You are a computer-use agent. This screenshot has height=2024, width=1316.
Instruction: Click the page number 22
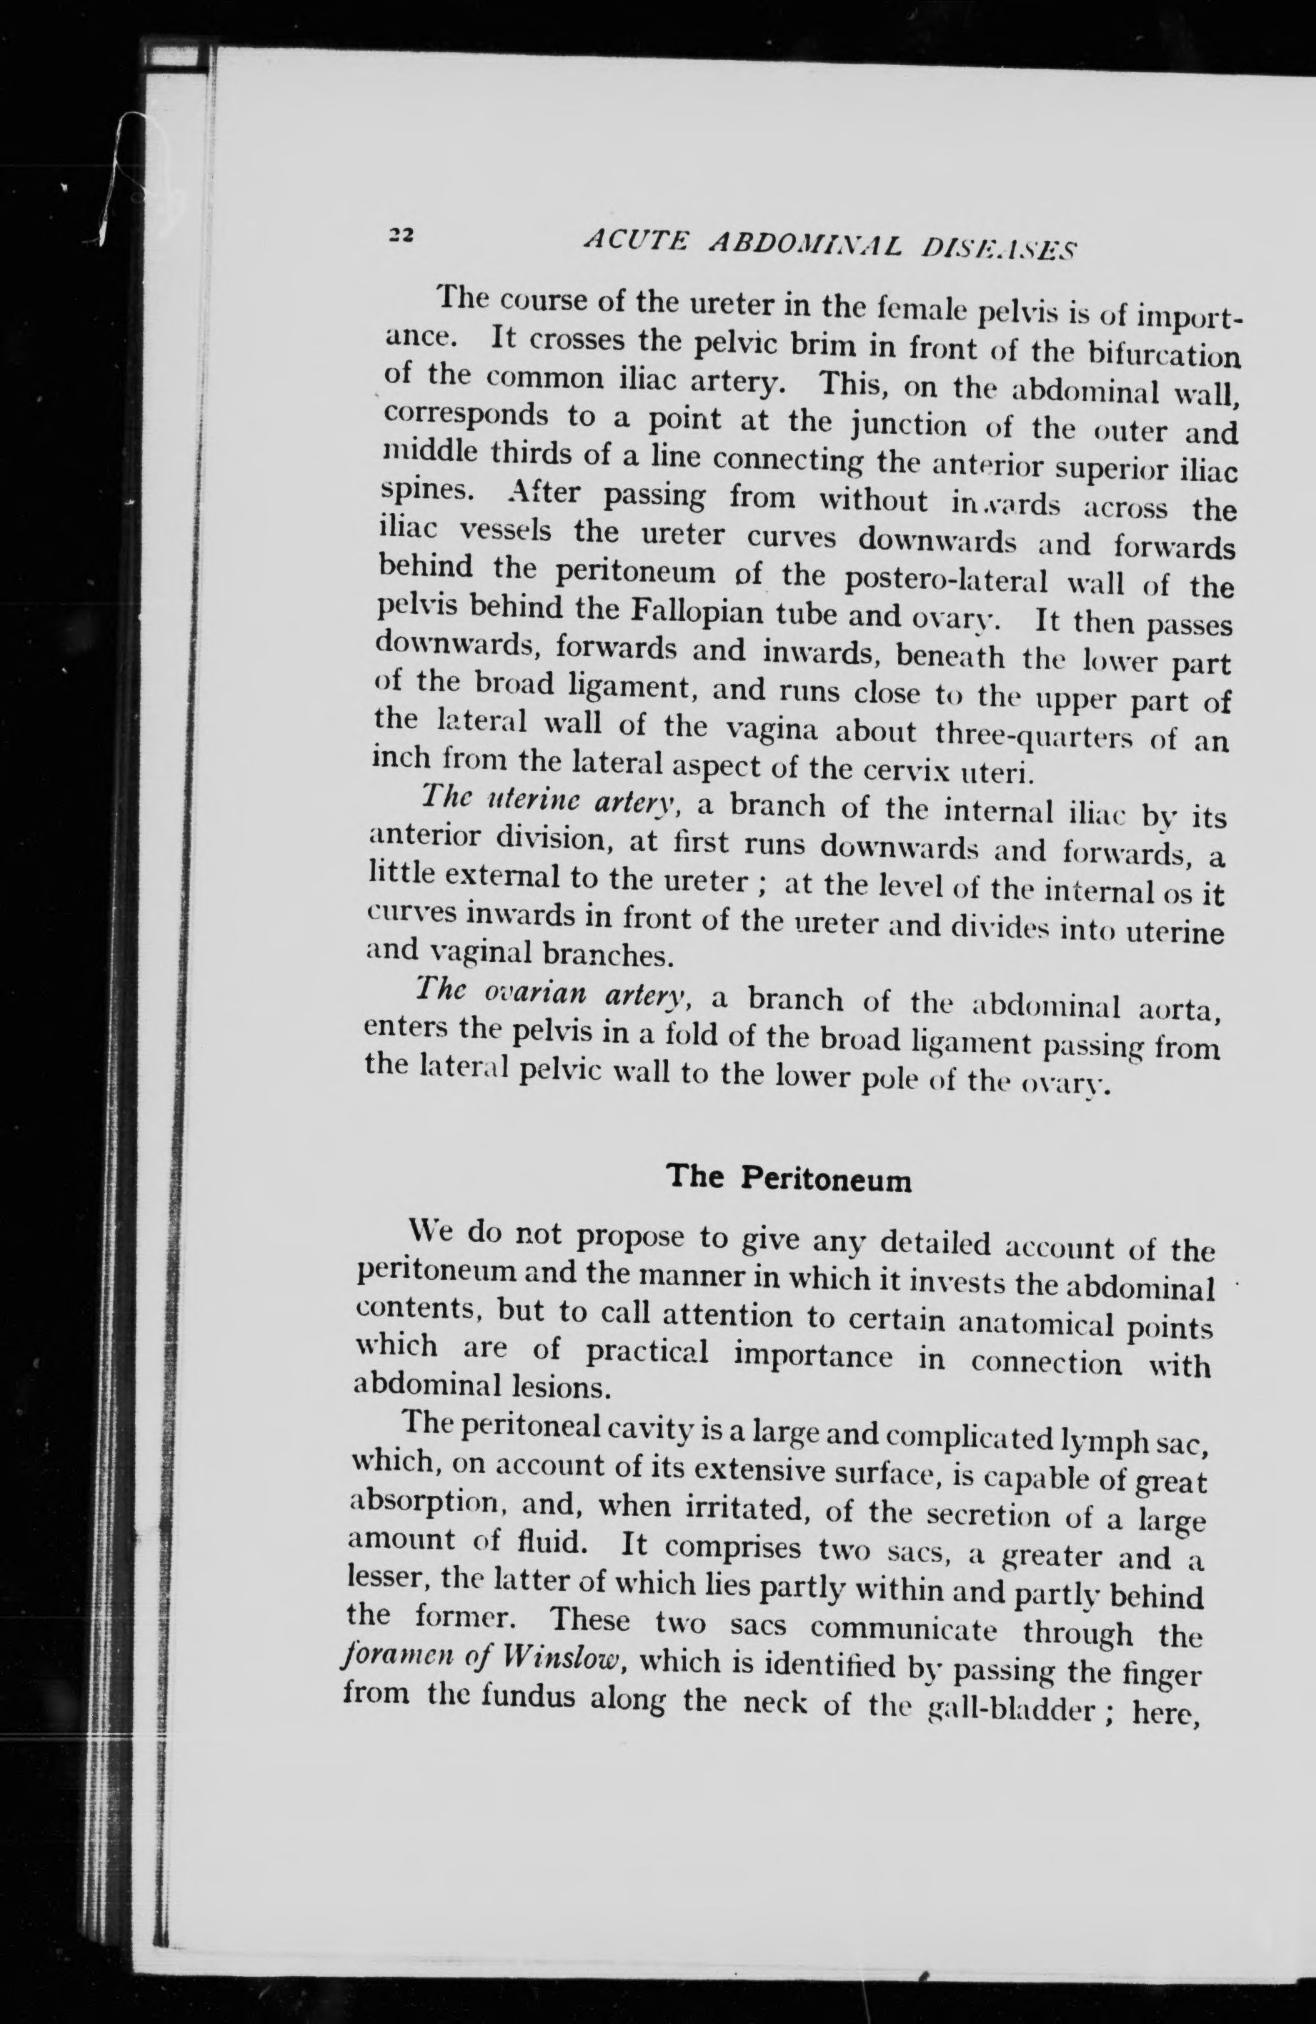tap(399, 237)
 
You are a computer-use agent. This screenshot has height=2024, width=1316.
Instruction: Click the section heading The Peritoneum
tap(789, 1178)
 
